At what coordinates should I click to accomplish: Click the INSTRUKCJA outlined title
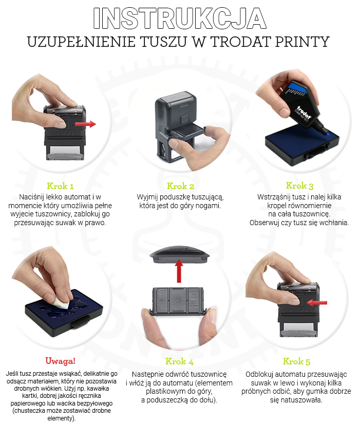pyautogui.click(x=180, y=19)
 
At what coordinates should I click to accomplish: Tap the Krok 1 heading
pyautogui.click(x=60, y=186)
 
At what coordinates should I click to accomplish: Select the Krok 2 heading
pyautogui.click(x=180, y=186)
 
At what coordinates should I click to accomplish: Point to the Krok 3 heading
pyautogui.click(x=299, y=186)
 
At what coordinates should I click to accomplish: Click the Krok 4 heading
pyautogui.click(x=179, y=361)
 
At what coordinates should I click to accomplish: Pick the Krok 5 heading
pyautogui.click(x=296, y=361)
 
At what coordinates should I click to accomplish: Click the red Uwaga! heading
pyautogui.click(x=60, y=361)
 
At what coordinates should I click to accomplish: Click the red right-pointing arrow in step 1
pyautogui.click(x=86, y=124)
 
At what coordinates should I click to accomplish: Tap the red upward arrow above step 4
pyautogui.click(x=179, y=271)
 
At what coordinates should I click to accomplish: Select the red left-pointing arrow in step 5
pyautogui.click(x=317, y=303)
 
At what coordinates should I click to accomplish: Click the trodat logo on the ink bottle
pyautogui.click(x=305, y=112)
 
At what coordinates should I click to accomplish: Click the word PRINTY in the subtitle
pyautogui.click(x=302, y=42)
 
